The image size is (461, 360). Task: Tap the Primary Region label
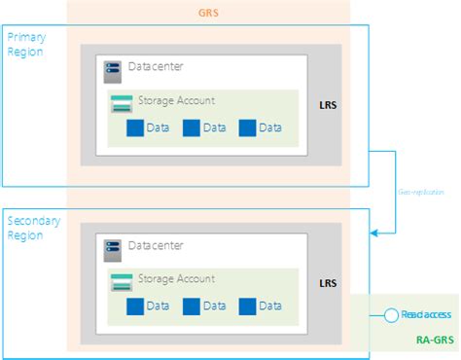pos(25,44)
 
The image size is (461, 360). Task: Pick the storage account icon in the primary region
pos(122,100)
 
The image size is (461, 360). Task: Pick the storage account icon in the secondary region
pos(122,281)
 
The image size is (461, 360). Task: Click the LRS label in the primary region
pos(329,103)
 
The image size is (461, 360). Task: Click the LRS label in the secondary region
pos(329,283)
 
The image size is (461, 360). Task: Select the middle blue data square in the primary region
pos(191,127)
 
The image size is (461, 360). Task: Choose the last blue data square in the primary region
pos(247,127)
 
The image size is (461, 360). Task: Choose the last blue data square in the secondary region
pos(247,306)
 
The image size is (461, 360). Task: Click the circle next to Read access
pos(391,315)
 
